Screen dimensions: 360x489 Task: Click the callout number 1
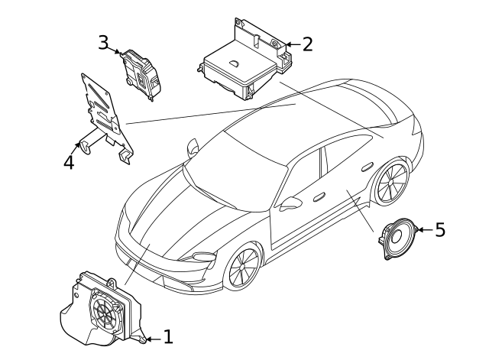(168, 336)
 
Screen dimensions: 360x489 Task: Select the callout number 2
(307, 44)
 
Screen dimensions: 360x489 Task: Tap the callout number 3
(103, 41)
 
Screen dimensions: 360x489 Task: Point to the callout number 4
(69, 162)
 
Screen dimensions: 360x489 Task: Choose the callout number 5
(439, 229)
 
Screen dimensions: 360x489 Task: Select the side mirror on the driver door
(290, 203)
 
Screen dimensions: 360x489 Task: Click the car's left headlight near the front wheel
(206, 255)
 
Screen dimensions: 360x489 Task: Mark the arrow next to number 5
(423, 229)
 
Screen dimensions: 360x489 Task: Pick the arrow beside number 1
(151, 336)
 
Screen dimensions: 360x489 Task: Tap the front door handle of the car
(316, 196)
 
